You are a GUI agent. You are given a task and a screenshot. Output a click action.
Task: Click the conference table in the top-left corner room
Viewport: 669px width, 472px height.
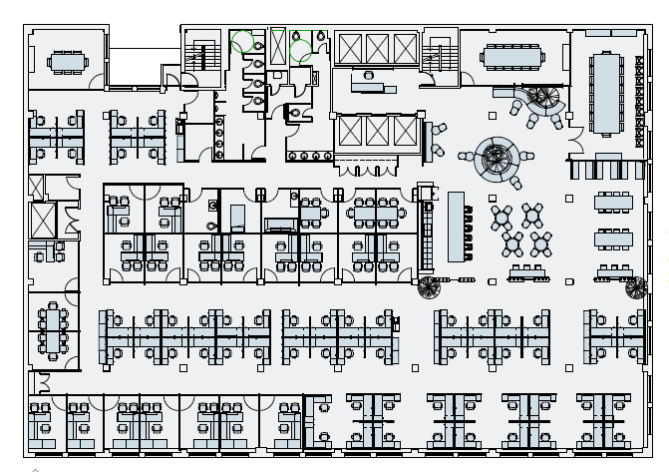coord(67,62)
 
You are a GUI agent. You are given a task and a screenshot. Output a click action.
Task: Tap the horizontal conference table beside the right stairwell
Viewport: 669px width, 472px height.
coord(512,57)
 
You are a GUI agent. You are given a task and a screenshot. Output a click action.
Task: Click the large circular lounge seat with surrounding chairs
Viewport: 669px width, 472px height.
coord(497,157)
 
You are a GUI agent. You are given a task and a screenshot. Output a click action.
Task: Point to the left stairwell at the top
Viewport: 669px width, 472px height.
coord(203,55)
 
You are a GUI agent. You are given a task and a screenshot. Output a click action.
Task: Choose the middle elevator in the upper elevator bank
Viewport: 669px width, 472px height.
coord(377,48)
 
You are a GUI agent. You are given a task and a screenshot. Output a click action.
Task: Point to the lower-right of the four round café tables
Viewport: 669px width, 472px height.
coord(540,242)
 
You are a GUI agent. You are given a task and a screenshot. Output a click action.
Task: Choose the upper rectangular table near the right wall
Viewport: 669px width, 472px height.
coord(613,202)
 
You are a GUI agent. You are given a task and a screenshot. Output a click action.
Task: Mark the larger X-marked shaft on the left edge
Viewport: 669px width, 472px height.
coord(43,221)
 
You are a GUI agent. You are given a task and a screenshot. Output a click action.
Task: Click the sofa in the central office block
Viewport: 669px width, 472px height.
coord(279,226)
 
